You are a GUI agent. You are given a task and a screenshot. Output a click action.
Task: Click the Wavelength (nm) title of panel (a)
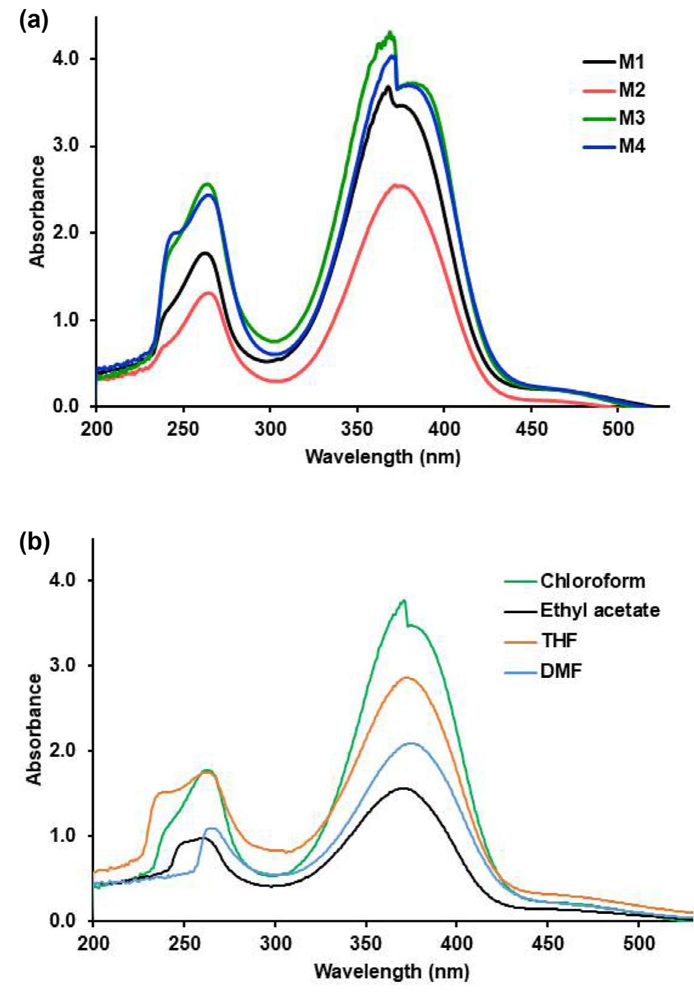(x=383, y=456)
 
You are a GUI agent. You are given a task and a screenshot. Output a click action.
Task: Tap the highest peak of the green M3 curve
(x=390, y=32)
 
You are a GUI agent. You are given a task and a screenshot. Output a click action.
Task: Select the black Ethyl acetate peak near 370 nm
(x=403, y=787)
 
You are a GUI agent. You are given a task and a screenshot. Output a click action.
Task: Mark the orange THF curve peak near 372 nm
(x=407, y=677)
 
